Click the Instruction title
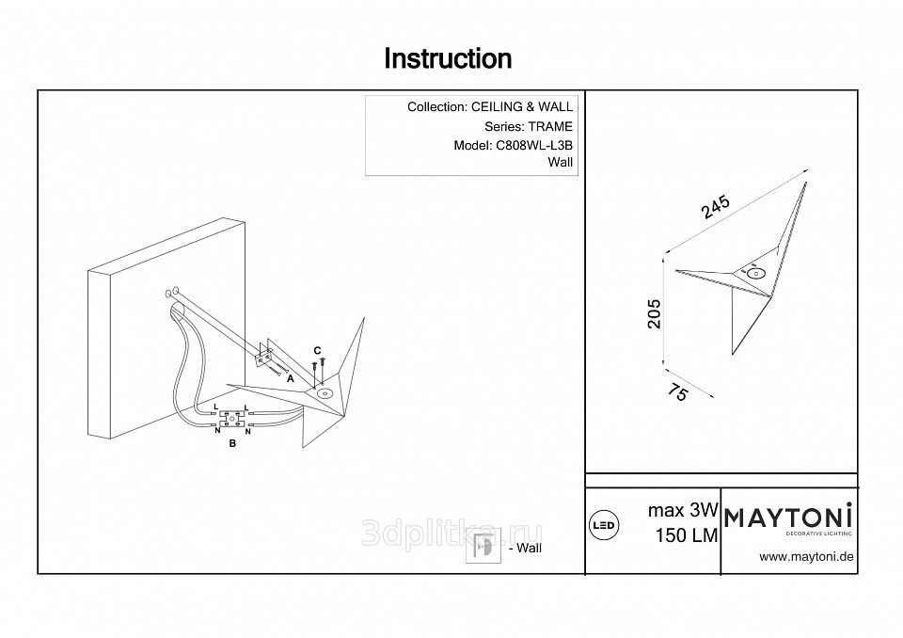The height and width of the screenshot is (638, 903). (x=449, y=59)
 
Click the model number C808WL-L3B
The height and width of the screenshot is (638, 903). (x=532, y=145)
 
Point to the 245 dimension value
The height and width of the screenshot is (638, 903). (x=716, y=206)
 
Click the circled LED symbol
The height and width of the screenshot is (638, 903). (x=602, y=525)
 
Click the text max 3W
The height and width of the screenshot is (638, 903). (x=684, y=512)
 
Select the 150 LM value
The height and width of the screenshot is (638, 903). (x=687, y=535)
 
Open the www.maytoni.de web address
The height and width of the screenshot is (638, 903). (x=806, y=556)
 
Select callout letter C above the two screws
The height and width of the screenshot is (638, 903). (x=317, y=350)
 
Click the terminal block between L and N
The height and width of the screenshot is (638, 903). (x=232, y=418)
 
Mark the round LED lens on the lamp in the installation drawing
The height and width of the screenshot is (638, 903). (x=326, y=393)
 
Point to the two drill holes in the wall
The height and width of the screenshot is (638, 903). (x=173, y=291)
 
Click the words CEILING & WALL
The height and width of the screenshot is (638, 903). (x=522, y=107)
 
